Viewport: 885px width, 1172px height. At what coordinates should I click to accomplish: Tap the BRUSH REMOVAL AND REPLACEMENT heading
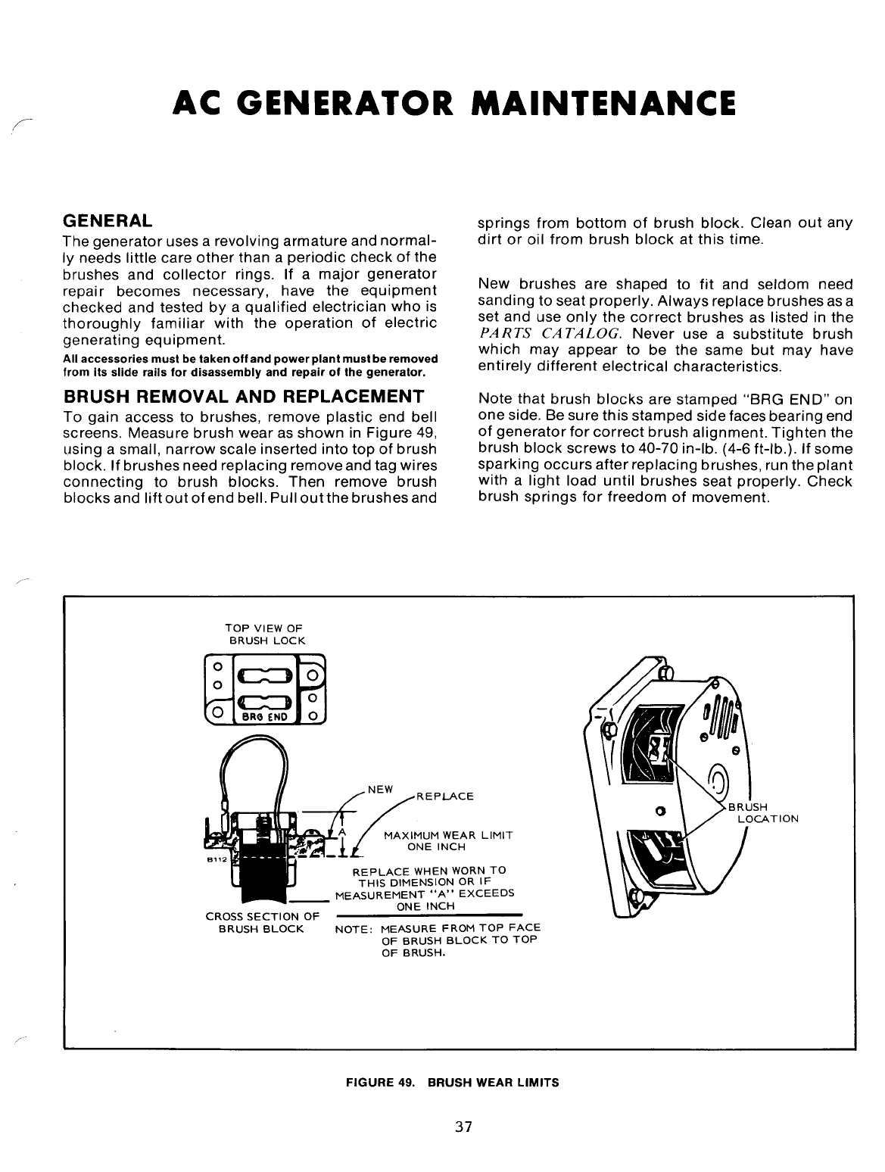click(242, 397)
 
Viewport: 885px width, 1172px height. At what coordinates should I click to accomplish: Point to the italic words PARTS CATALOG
click(550, 334)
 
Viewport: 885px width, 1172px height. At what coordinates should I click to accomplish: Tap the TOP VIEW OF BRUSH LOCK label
click(263, 634)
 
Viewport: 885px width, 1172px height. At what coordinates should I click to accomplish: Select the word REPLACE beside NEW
click(445, 796)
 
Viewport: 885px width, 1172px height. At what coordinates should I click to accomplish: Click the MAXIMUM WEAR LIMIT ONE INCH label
click(448, 840)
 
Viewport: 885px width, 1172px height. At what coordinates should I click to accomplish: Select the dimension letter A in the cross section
click(341, 832)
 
